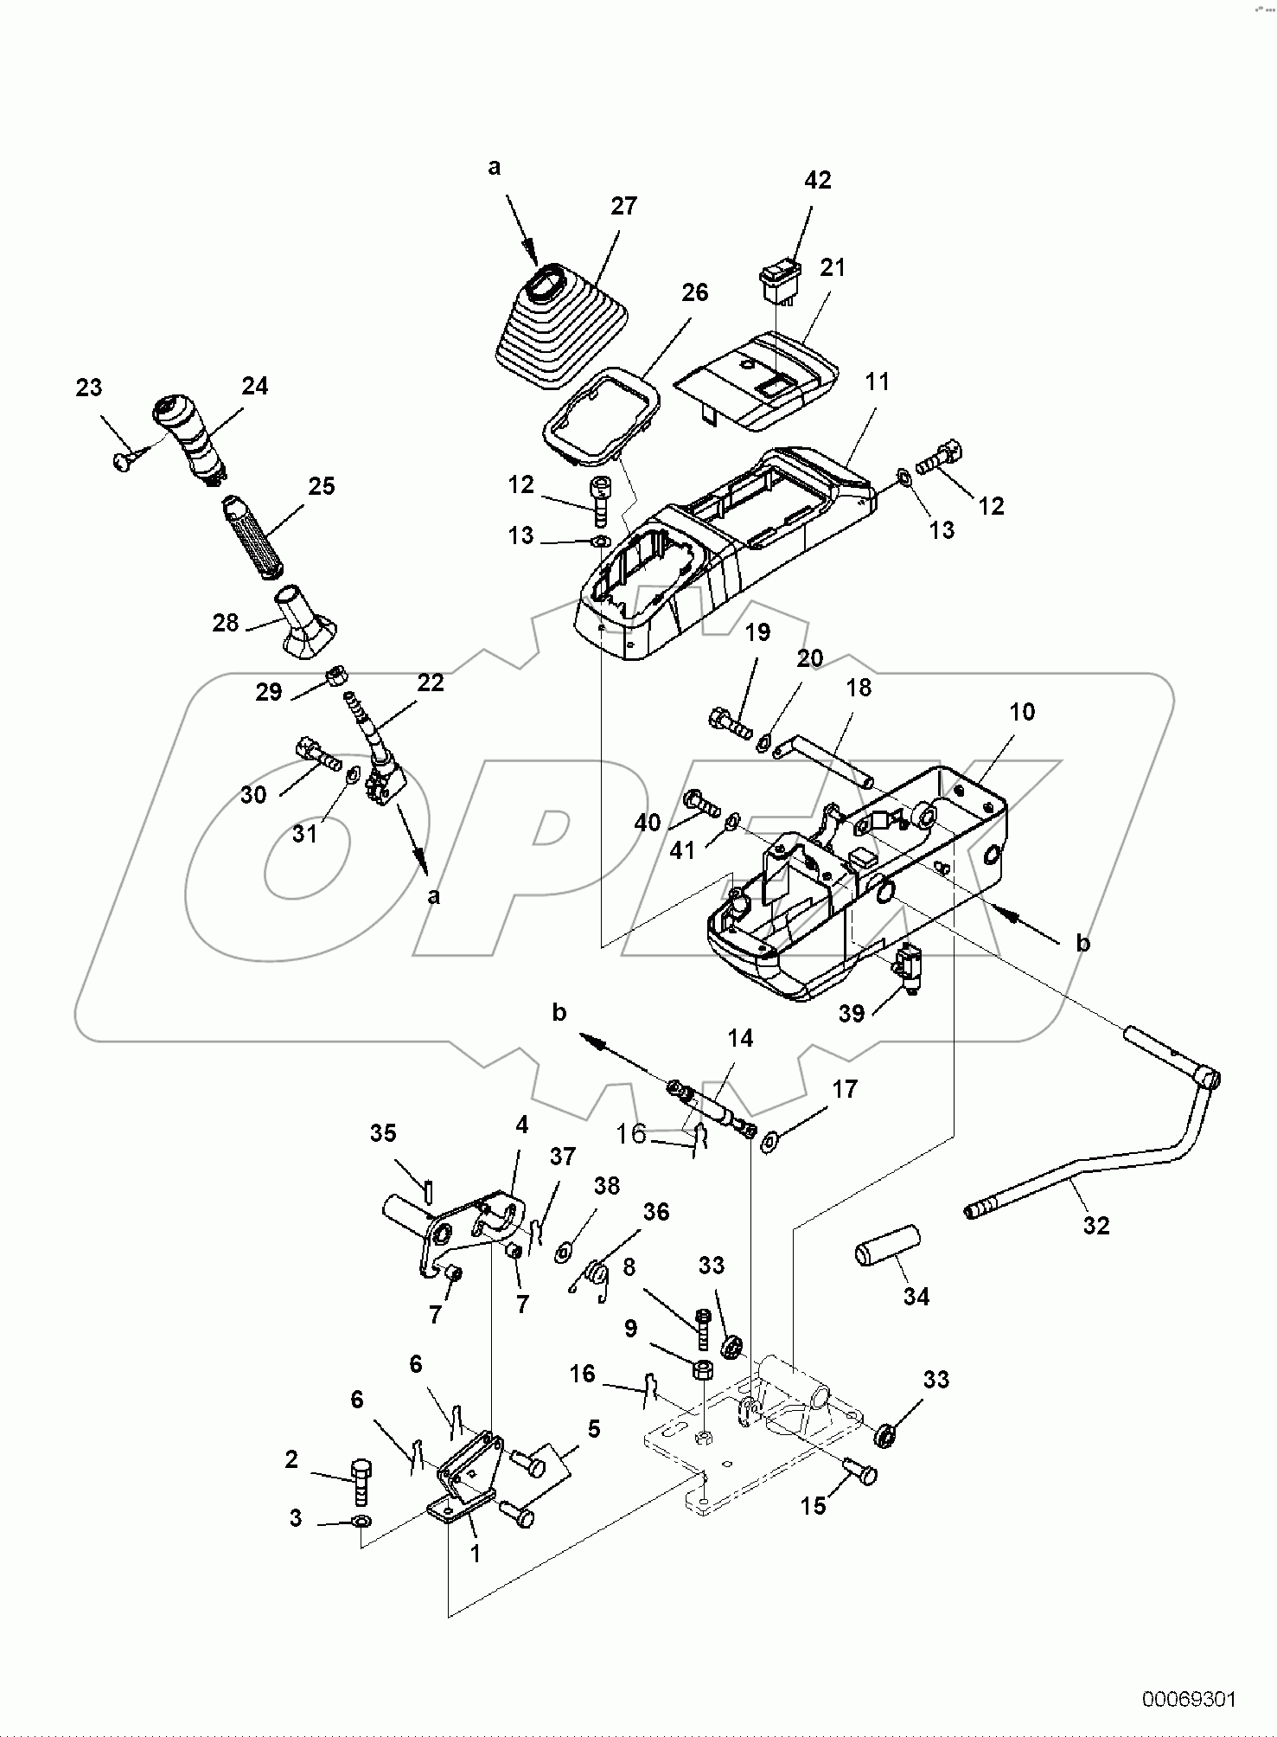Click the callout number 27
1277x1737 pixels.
tap(623, 206)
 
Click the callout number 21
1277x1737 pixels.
tap(832, 268)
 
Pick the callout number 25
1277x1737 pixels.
tap(321, 486)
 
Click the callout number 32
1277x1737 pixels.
tap(1095, 1226)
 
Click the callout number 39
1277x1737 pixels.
tap(852, 1013)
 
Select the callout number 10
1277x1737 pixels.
tap(1021, 712)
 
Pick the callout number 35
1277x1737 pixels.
tap(383, 1132)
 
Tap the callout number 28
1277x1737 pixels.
tap(225, 622)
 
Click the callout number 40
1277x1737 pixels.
tap(648, 823)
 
